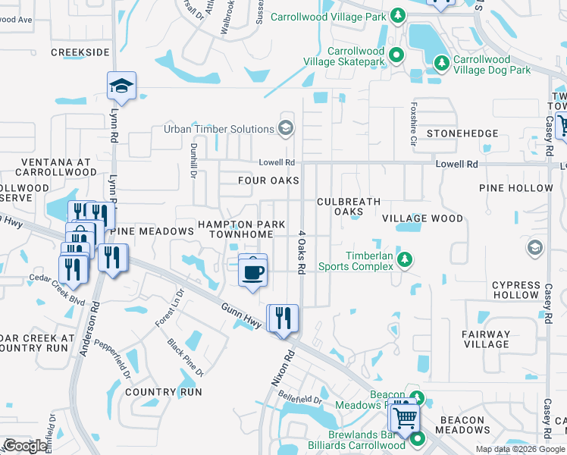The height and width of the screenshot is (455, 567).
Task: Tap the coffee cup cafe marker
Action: (x=252, y=271)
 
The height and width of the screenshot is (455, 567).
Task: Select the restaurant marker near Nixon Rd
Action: (x=283, y=317)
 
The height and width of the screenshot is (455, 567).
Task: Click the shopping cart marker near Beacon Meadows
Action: (x=405, y=416)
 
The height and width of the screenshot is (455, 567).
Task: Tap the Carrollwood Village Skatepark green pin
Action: (x=397, y=54)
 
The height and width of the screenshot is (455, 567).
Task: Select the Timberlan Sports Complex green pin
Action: (x=405, y=259)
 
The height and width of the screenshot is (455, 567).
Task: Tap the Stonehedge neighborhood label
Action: (x=462, y=133)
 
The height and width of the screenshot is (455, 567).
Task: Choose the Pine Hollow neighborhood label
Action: (x=516, y=187)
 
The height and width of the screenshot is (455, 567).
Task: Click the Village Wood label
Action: (x=422, y=218)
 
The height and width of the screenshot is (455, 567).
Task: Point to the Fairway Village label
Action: (x=486, y=339)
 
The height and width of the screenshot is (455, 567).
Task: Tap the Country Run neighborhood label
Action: (x=164, y=392)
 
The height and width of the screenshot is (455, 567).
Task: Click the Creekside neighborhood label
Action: (x=80, y=52)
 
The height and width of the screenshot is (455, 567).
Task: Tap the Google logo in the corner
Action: (x=25, y=446)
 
